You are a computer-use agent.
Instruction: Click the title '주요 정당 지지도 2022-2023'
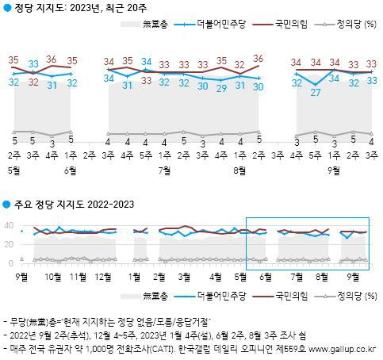tap(73, 205)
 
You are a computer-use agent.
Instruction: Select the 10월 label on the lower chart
tap(53, 278)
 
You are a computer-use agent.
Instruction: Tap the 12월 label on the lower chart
tap(101, 278)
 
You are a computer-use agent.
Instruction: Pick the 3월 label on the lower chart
tap(183, 278)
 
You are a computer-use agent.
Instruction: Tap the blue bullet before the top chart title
tap(6, 8)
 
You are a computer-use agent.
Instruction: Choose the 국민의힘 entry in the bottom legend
tap(283, 295)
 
